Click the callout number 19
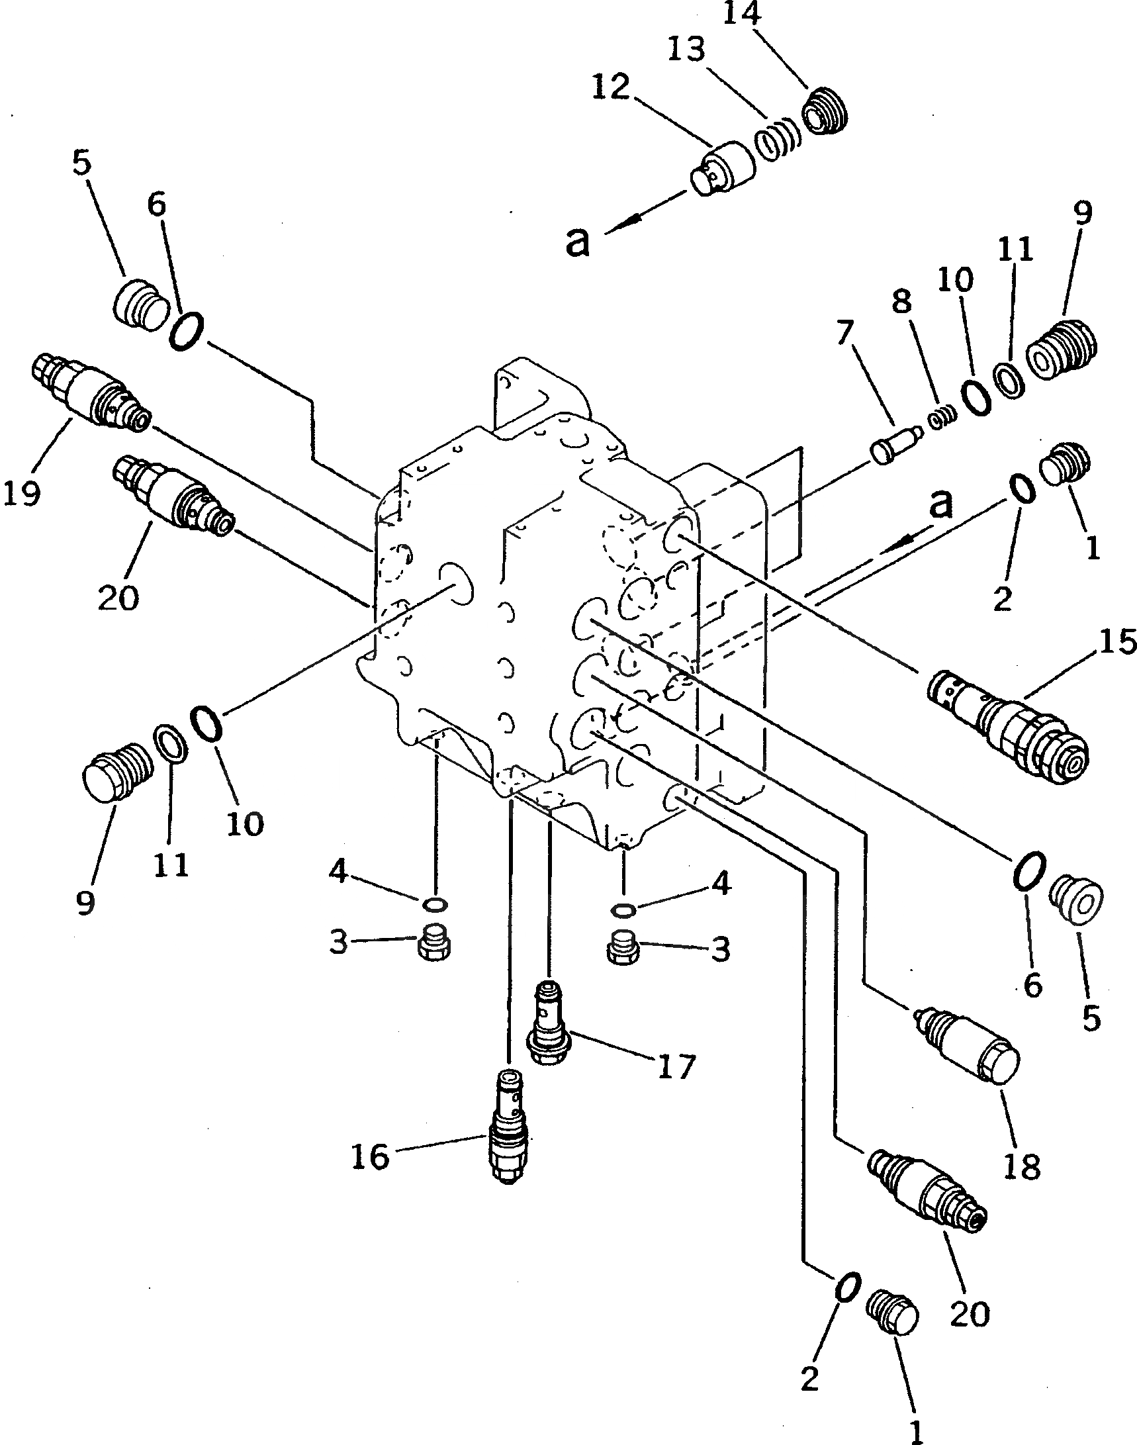tap(22, 493)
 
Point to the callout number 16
tap(371, 1156)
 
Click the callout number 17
tap(676, 1066)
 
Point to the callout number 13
tap(688, 48)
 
